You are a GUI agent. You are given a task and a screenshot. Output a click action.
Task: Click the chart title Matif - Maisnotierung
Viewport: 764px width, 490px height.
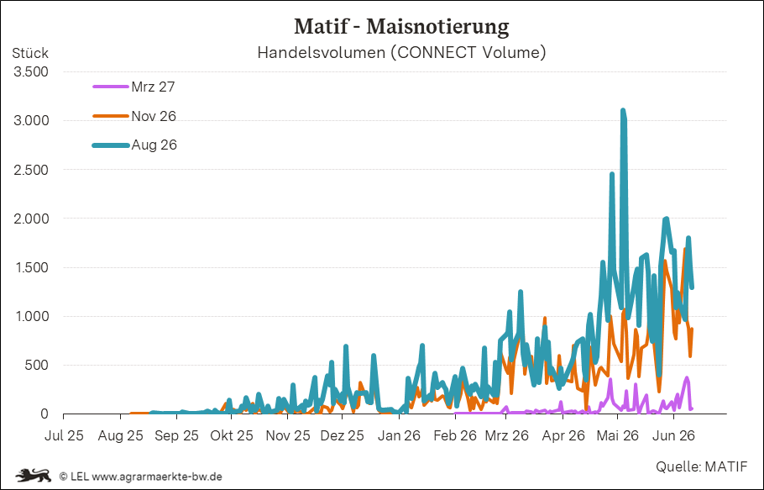point(401,26)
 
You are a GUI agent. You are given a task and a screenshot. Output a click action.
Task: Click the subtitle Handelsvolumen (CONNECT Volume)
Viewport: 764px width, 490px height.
point(401,52)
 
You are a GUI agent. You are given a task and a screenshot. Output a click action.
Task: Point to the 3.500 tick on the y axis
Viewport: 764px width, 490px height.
point(31,71)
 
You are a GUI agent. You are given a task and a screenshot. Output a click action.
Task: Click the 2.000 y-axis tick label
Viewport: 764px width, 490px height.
point(31,219)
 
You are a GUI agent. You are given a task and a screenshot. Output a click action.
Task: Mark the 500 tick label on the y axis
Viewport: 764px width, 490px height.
point(37,365)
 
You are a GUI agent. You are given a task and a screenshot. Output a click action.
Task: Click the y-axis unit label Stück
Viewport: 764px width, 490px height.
point(30,53)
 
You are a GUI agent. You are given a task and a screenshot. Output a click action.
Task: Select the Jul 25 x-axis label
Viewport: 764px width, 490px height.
point(64,435)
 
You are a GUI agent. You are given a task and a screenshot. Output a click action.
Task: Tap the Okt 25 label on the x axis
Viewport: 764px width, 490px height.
point(232,435)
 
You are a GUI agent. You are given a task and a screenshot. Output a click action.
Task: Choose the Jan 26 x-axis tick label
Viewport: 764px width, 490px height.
point(399,435)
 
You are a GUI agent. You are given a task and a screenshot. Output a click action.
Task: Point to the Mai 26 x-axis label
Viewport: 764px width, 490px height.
point(617,435)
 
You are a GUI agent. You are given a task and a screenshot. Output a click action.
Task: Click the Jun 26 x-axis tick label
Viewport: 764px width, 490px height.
point(674,435)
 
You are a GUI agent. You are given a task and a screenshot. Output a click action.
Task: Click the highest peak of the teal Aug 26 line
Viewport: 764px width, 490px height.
point(623,110)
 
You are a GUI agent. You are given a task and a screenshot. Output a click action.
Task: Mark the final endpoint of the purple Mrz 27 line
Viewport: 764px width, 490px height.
point(692,408)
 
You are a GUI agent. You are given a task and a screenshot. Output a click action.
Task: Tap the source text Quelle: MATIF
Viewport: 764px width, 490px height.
point(701,466)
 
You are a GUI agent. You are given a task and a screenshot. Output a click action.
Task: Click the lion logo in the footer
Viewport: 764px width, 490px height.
point(33,475)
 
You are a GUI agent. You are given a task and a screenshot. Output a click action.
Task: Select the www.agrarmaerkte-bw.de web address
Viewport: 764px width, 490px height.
point(157,476)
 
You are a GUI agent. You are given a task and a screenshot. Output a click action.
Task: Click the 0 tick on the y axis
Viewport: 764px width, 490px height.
point(44,414)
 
